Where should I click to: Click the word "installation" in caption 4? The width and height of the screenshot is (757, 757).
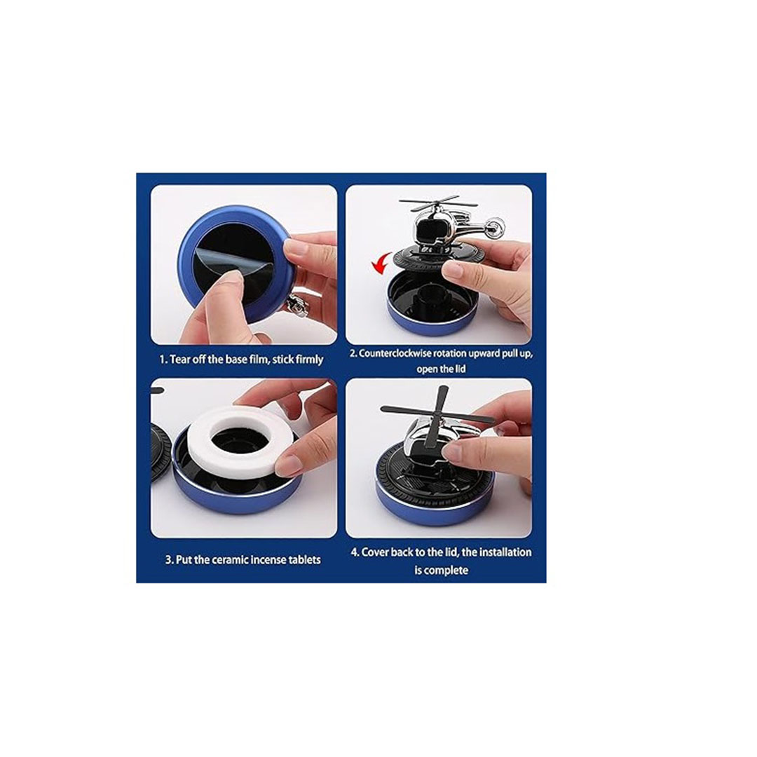pos(503,552)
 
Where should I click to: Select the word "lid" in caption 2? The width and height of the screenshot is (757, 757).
pos(458,369)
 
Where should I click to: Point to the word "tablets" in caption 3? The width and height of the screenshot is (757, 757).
pos(305,560)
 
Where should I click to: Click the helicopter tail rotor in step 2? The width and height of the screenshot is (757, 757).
pos(496,226)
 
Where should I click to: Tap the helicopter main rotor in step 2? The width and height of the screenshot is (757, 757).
pos(430,201)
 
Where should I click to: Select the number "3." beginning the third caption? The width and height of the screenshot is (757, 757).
pos(170,560)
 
